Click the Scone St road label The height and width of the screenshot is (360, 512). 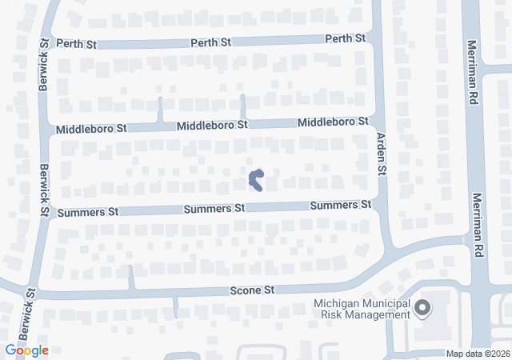point(252,289)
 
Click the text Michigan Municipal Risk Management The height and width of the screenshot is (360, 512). point(362,309)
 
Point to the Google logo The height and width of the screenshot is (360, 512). point(26,350)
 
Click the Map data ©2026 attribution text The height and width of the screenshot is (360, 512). point(478,354)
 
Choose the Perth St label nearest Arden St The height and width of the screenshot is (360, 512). point(345,38)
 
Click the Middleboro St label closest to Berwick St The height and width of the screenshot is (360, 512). point(91,128)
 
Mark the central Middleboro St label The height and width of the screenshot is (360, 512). point(213,126)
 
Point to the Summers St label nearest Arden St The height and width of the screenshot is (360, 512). point(342,206)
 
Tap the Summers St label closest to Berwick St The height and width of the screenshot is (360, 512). point(88,212)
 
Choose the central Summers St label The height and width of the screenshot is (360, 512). point(214,209)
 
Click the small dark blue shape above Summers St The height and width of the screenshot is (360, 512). point(257,180)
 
